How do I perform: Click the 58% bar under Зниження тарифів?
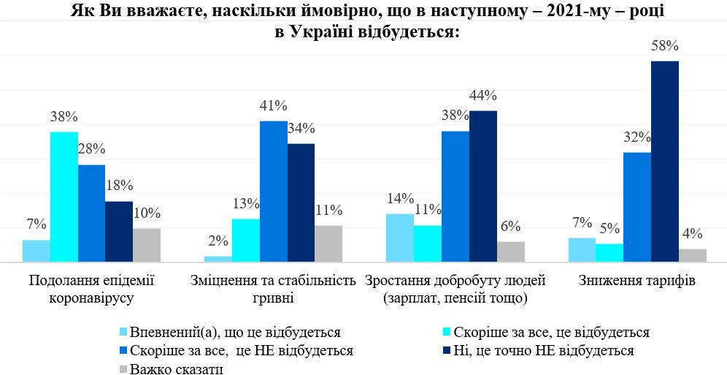[x=665, y=161]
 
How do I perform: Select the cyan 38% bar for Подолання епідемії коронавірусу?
[x=64, y=197]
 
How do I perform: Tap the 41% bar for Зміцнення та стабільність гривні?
[x=273, y=191]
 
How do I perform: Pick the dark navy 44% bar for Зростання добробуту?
[x=482, y=186]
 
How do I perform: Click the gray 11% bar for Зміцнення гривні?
[x=328, y=243]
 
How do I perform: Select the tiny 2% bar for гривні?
[x=218, y=259]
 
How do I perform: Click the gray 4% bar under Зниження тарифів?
[x=693, y=255]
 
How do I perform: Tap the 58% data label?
[x=665, y=46]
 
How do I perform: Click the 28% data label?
[x=92, y=149]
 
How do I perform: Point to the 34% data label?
[x=301, y=129]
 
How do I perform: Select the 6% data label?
[x=510, y=227]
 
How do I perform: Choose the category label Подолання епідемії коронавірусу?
[x=92, y=289]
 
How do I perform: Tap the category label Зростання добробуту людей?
[x=455, y=281]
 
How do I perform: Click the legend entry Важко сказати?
[x=176, y=368]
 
